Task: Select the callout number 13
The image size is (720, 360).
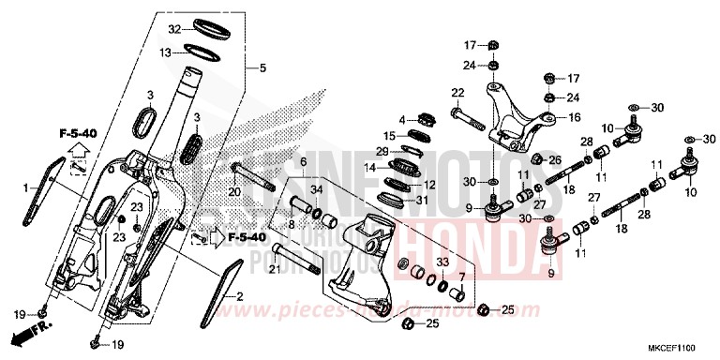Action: click(165, 53)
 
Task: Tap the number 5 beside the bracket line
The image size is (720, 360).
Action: click(263, 67)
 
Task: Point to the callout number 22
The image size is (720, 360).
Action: click(457, 92)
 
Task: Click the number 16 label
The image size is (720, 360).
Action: click(577, 118)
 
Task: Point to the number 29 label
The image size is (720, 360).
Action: click(382, 151)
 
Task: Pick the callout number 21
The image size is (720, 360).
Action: click(274, 271)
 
